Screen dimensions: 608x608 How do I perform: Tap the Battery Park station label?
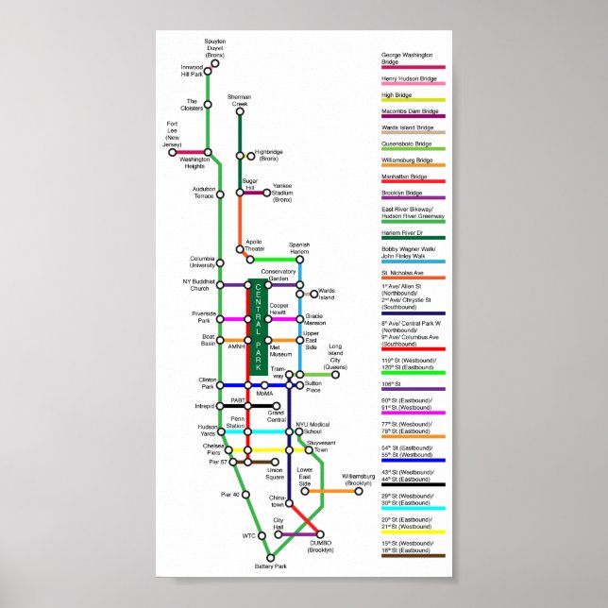[x=270, y=566]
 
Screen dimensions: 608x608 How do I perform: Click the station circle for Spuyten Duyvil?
[x=214, y=63]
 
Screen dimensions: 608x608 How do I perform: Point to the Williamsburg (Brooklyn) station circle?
[x=359, y=490]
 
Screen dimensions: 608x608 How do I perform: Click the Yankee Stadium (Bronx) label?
[x=282, y=193]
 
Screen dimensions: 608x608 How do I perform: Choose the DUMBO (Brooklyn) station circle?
[x=319, y=534]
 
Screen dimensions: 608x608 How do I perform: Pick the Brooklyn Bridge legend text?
[x=402, y=193]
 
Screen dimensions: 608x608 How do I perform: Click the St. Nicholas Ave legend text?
[x=402, y=274]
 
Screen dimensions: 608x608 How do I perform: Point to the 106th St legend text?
[x=392, y=383]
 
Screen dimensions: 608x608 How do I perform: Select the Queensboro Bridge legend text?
[x=407, y=144]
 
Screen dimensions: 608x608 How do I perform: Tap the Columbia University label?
[x=203, y=261]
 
